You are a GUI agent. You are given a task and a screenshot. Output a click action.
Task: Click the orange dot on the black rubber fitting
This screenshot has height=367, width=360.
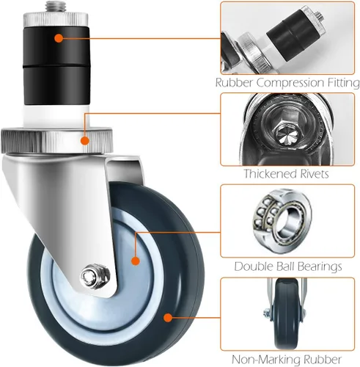pos(59,38)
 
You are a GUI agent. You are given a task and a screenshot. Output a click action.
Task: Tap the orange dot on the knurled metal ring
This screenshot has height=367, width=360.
pos(85,141)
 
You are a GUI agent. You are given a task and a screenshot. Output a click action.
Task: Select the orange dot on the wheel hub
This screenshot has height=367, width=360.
pos(136,261)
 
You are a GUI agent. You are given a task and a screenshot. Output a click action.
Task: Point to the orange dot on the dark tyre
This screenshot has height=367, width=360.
pos(168,318)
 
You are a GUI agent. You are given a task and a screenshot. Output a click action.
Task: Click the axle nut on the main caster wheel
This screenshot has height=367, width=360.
pos(95,277)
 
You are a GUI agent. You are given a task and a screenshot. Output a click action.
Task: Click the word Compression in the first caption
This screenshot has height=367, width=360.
pos(290,83)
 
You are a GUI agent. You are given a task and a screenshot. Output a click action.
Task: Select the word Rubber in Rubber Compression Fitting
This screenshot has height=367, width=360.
pos(234,82)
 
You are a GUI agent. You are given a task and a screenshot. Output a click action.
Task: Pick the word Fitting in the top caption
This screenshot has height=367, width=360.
pos(343,83)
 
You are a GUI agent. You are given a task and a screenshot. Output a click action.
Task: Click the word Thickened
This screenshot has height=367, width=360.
pos(270,174)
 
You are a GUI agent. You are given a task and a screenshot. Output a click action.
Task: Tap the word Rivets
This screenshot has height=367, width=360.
pos(315,174)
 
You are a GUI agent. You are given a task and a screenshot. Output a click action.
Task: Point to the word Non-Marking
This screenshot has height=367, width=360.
pos(265,360)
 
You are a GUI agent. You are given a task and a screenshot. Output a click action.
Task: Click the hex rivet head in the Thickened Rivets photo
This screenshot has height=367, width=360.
pos(287,134)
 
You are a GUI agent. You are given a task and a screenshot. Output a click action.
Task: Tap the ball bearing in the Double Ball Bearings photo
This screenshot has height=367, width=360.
pos(282,220)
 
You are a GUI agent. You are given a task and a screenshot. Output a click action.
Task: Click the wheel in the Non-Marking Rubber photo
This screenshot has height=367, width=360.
pos(287,314)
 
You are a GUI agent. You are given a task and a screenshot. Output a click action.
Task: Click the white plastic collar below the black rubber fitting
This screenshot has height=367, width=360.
pos(56,116)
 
